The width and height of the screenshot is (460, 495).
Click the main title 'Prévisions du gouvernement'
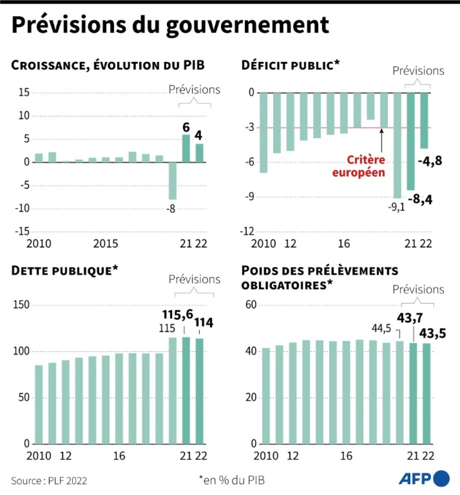pyautogui.click(x=170, y=25)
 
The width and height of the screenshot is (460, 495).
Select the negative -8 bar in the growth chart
pyautogui.click(x=172, y=181)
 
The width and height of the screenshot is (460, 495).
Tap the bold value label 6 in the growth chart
pyautogui.click(x=186, y=127)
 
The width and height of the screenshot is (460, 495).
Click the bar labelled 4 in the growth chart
pyautogui.click(x=199, y=153)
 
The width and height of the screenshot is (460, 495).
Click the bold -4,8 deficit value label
pyautogui.click(x=430, y=161)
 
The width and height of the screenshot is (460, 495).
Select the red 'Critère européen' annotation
pyautogui.click(x=359, y=166)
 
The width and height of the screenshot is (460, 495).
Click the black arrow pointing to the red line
pyautogui.click(x=381, y=140)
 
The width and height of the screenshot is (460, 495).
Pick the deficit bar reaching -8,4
pyautogui.click(x=411, y=141)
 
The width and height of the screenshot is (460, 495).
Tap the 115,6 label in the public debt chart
pyautogui.click(x=177, y=314)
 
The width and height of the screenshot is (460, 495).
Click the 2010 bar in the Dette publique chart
pyautogui.click(x=39, y=404)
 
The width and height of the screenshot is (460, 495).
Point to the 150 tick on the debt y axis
pyautogui.click(x=21, y=304)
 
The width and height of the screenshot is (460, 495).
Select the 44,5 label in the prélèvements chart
pyautogui.click(x=381, y=328)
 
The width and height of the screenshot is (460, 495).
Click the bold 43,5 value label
pyautogui.click(x=433, y=333)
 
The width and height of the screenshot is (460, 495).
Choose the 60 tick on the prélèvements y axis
pyautogui.click(x=251, y=304)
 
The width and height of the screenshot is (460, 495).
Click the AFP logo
pyautogui.click(x=424, y=478)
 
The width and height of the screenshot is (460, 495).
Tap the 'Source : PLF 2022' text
pyautogui.click(x=49, y=481)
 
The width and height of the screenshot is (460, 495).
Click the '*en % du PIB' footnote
pyautogui.click(x=232, y=480)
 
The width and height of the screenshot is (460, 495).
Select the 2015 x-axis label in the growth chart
pyautogui.click(x=106, y=244)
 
